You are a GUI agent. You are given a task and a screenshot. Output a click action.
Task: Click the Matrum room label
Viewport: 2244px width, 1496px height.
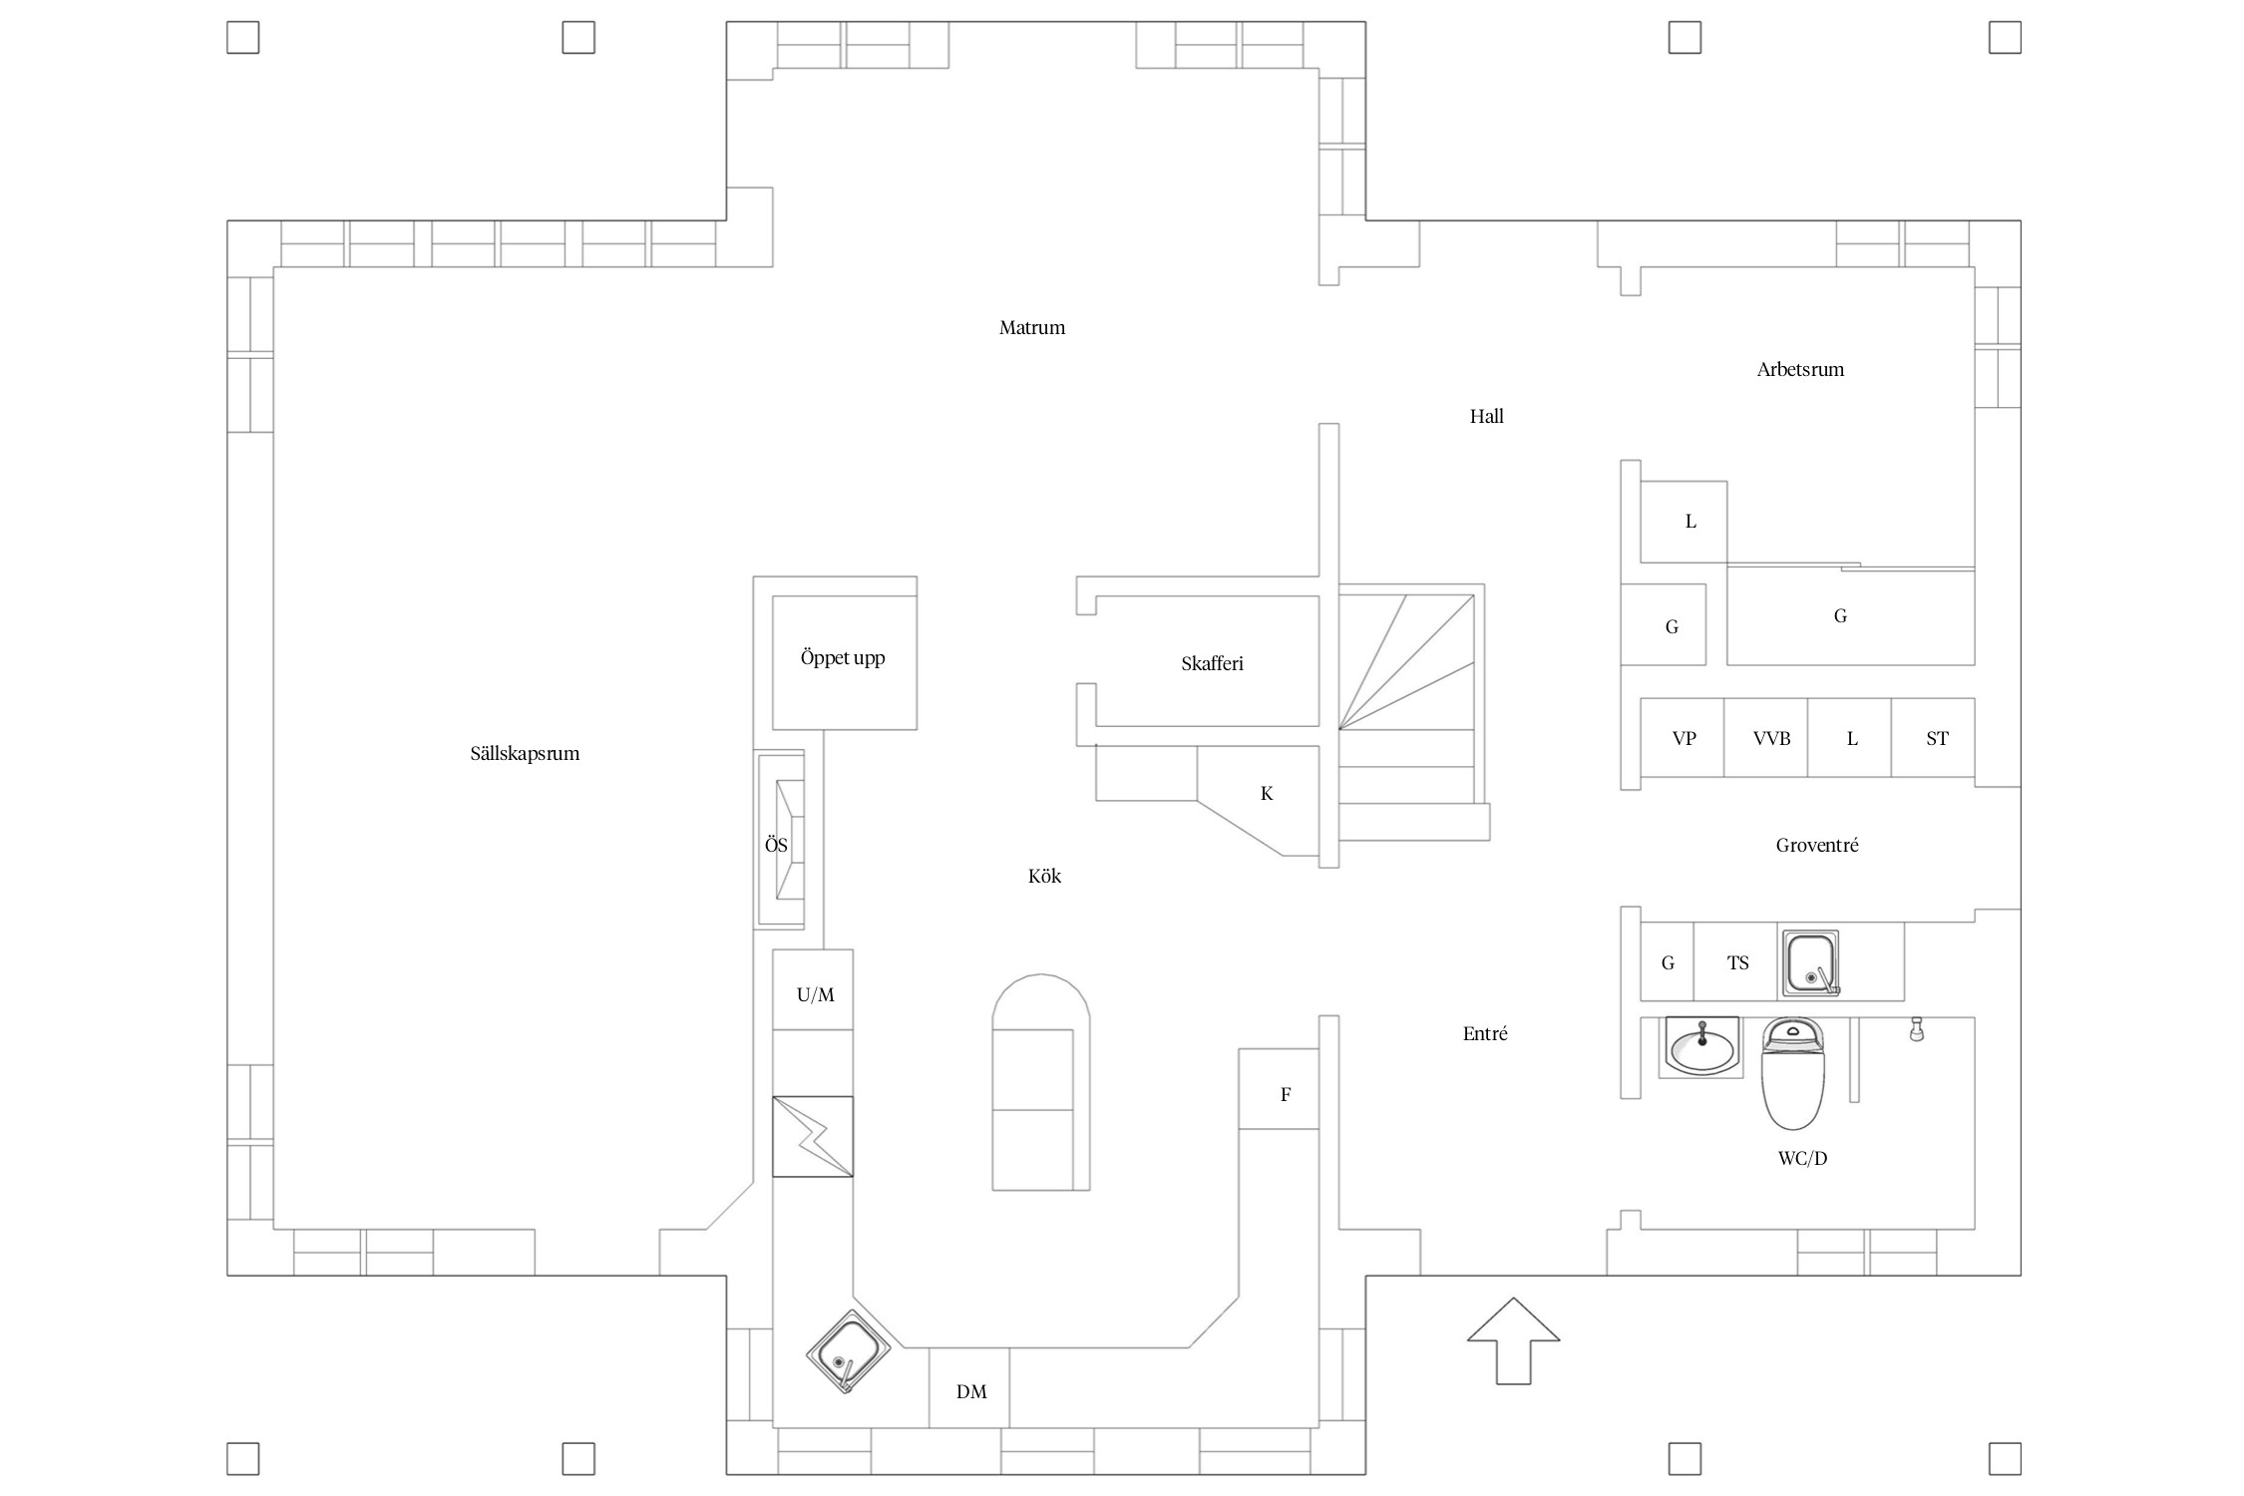coord(1032,328)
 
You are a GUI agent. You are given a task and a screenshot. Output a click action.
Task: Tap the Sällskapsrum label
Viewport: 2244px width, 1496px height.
coord(525,754)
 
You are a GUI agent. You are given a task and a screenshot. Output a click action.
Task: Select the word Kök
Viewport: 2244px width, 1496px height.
coord(1044,877)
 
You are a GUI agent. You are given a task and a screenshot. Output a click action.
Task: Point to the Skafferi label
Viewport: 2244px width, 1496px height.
coord(1212,664)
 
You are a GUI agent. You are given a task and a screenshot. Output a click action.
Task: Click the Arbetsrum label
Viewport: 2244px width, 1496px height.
coord(1800,370)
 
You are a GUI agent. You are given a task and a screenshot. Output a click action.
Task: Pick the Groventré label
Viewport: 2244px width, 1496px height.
coord(1817,846)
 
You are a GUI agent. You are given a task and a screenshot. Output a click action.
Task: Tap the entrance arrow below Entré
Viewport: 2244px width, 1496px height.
coord(1513,1340)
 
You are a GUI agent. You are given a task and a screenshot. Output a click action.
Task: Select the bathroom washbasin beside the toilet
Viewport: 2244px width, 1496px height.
coord(1701,1048)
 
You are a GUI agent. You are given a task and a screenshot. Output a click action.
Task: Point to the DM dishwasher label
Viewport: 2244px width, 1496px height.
coord(971,1392)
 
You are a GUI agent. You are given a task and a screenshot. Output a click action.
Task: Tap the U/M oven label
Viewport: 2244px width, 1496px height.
coord(815,995)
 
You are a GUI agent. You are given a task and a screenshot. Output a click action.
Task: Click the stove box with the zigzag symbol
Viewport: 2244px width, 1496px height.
coord(813,1136)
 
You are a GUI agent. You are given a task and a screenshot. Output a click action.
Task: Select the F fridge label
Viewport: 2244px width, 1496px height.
coord(1286,1095)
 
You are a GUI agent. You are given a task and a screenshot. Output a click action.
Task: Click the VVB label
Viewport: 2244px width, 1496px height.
coord(1771,739)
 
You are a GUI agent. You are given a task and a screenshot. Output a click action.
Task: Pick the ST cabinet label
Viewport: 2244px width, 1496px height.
coord(1937,739)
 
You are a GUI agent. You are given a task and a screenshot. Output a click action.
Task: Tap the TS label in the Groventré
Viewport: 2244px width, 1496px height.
coord(1738,963)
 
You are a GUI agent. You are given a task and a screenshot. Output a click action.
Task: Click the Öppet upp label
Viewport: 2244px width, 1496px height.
coord(843,658)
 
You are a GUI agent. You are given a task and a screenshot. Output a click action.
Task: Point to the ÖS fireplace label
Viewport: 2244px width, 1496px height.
coord(776,846)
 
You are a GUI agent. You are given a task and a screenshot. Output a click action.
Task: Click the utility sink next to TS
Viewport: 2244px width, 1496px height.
coord(1810,963)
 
